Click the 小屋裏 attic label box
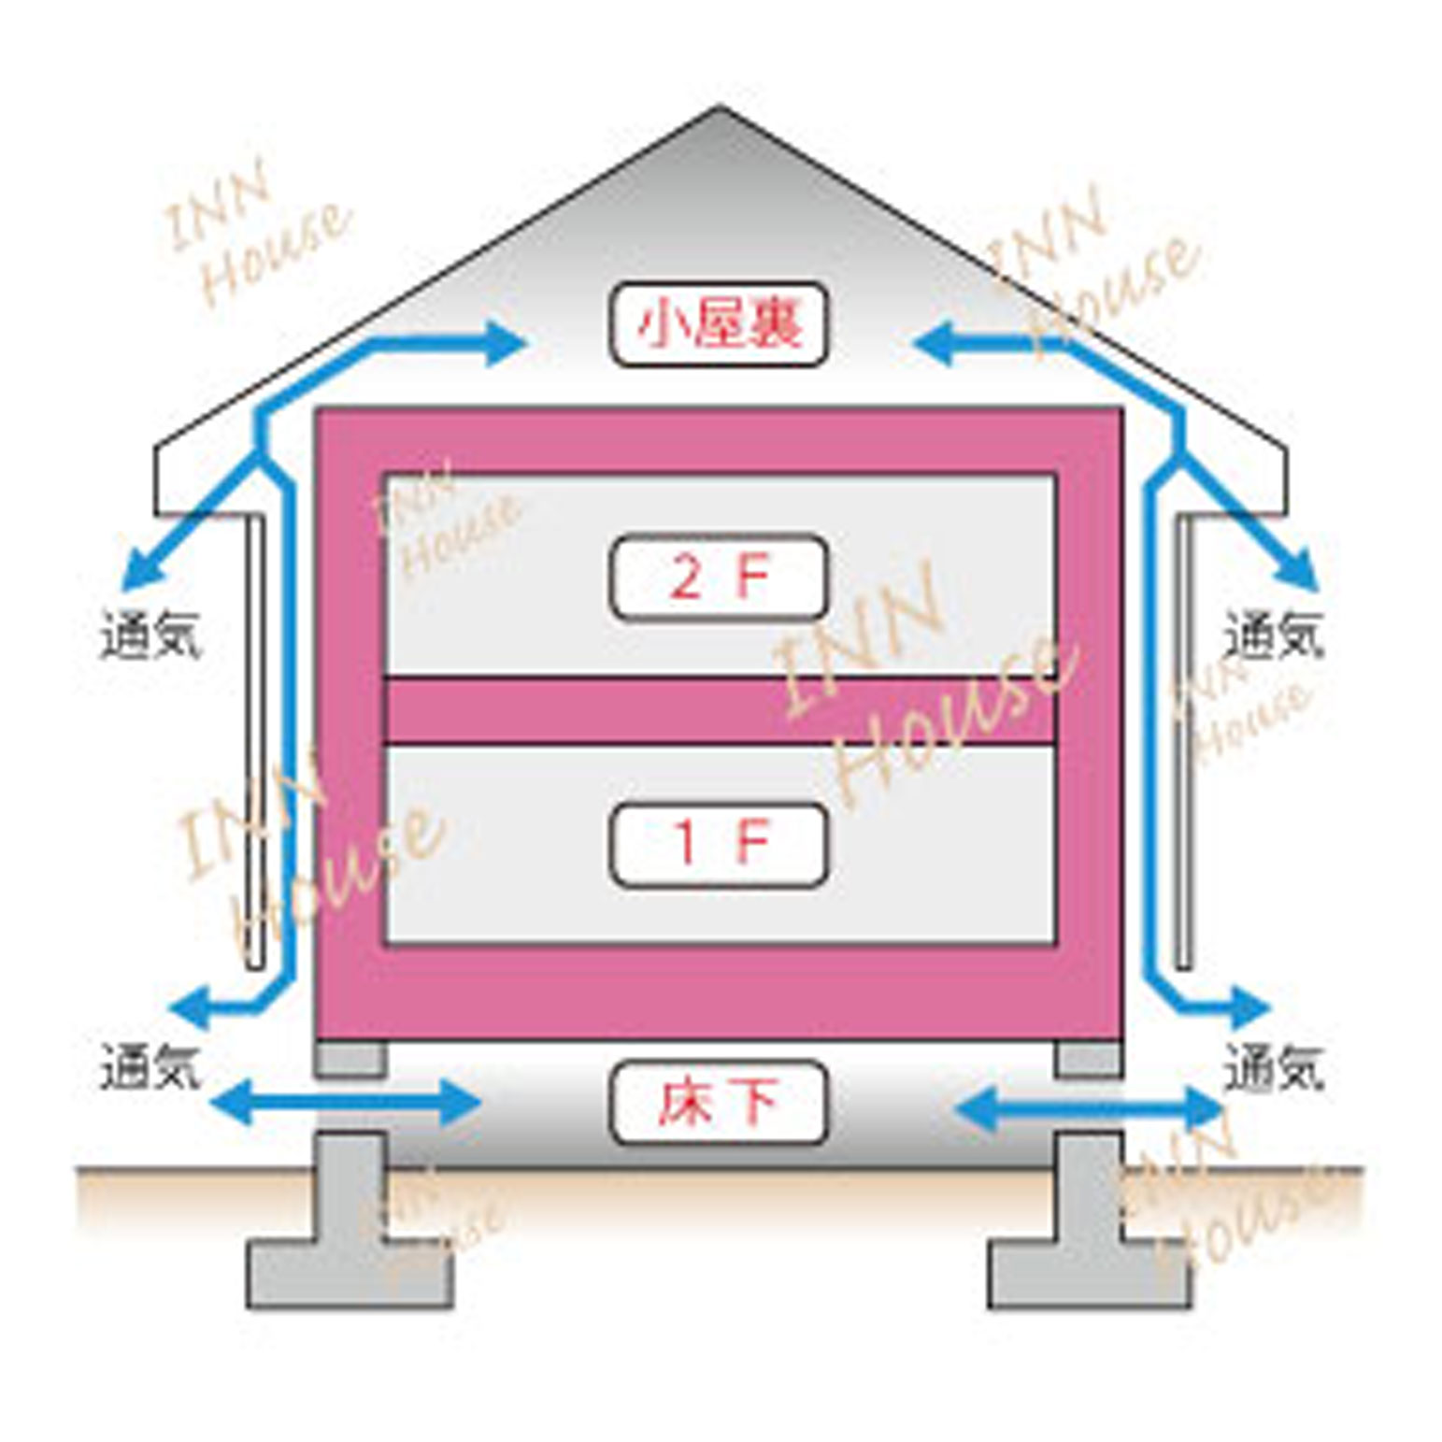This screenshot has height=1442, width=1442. coord(718,323)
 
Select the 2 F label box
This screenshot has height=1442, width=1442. coord(718,577)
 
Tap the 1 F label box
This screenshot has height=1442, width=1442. coord(718,844)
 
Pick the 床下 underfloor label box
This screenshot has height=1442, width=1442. coord(718,1102)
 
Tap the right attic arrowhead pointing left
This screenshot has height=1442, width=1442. coord(935,343)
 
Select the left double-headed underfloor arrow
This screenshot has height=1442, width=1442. coord(346,1103)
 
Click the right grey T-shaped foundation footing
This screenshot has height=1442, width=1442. coord(1090,1234)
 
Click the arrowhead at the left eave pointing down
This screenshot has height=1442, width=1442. coord(138,572)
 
